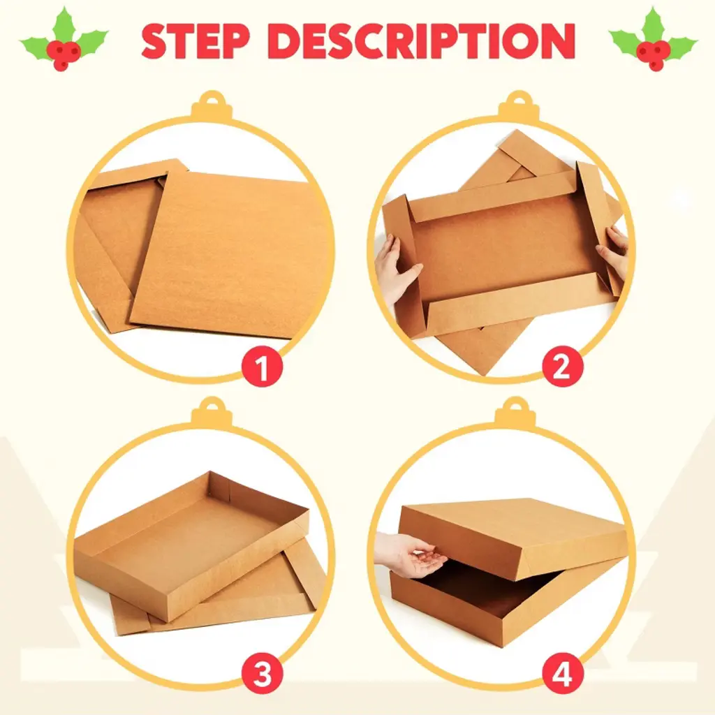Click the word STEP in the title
(196, 40)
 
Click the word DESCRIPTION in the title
(422, 40)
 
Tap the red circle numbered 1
(262, 367)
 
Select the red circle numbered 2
(562, 367)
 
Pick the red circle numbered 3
(262, 674)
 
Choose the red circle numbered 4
(562, 674)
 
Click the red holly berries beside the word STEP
(64, 54)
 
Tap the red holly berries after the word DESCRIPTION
(653, 54)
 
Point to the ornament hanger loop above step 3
(212, 412)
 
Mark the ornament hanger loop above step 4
(516, 412)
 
